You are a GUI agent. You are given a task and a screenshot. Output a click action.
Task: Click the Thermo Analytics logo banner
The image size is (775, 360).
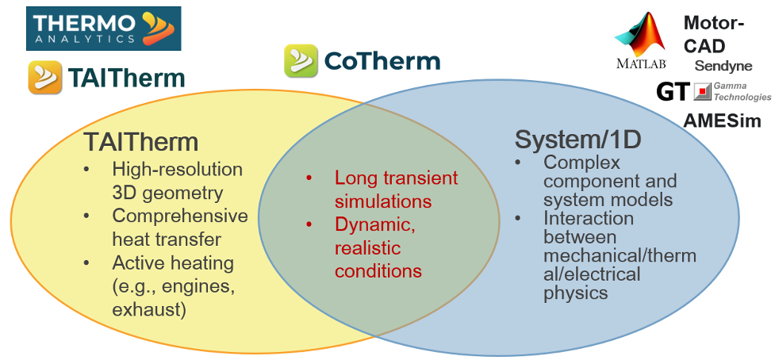[x=104, y=29]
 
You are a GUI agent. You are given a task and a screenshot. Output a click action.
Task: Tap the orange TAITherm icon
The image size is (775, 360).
[x=45, y=77]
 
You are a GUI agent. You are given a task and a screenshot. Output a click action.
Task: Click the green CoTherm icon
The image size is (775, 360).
[x=301, y=61]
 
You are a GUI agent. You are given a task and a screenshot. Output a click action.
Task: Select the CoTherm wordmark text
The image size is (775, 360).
[x=381, y=61]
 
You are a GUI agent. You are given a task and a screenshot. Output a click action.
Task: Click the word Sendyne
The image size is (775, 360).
[x=723, y=66]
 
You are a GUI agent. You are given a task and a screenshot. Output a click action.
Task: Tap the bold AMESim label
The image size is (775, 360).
[x=722, y=121]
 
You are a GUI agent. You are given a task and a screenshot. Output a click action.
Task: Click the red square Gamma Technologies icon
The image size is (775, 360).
[x=702, y=92]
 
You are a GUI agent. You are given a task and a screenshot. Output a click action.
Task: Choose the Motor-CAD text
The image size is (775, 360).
[x=714, y=35]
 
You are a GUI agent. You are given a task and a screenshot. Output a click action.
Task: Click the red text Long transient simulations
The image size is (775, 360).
[x=396, y=189]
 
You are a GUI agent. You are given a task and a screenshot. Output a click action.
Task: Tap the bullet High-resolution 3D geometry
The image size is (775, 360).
[x=178, y=181]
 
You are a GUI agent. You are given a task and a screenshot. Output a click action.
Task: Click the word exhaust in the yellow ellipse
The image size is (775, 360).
[x=148, y=308]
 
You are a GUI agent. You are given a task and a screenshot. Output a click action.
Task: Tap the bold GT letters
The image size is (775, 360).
[x=673, y=92]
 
